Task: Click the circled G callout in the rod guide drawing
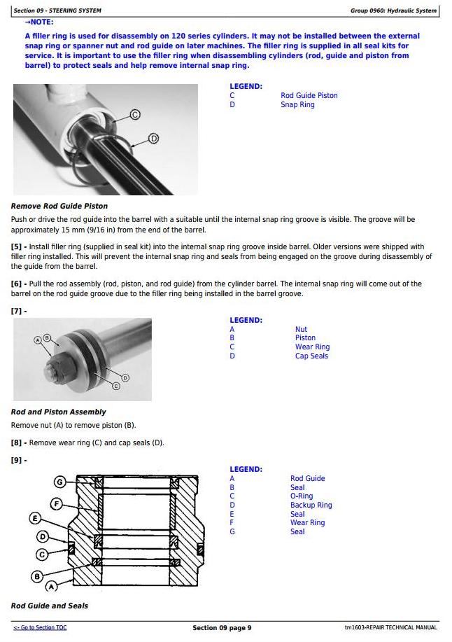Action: coord(60,482)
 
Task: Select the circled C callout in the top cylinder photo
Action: coord(135,115)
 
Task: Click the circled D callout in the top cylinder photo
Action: coord(154,139)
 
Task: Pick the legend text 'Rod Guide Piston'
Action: coord(309,96)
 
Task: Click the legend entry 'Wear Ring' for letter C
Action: coord(312,347)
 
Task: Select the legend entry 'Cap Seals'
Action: coord(311,356)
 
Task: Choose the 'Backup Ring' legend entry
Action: coord(311,505)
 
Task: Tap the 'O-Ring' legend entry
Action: coord(302,496)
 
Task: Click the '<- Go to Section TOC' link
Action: coord(40,628)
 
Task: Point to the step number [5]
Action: coord(17,247)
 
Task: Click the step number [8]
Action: coord(17,443)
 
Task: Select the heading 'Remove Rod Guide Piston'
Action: coord(59,207)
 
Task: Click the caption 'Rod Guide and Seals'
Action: coord(50,606)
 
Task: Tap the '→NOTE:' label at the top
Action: coord(39,22)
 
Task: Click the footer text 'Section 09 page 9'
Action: coord(222,628)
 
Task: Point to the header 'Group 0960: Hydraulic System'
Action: coord(393,11)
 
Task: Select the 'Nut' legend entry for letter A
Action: coord(301,330)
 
